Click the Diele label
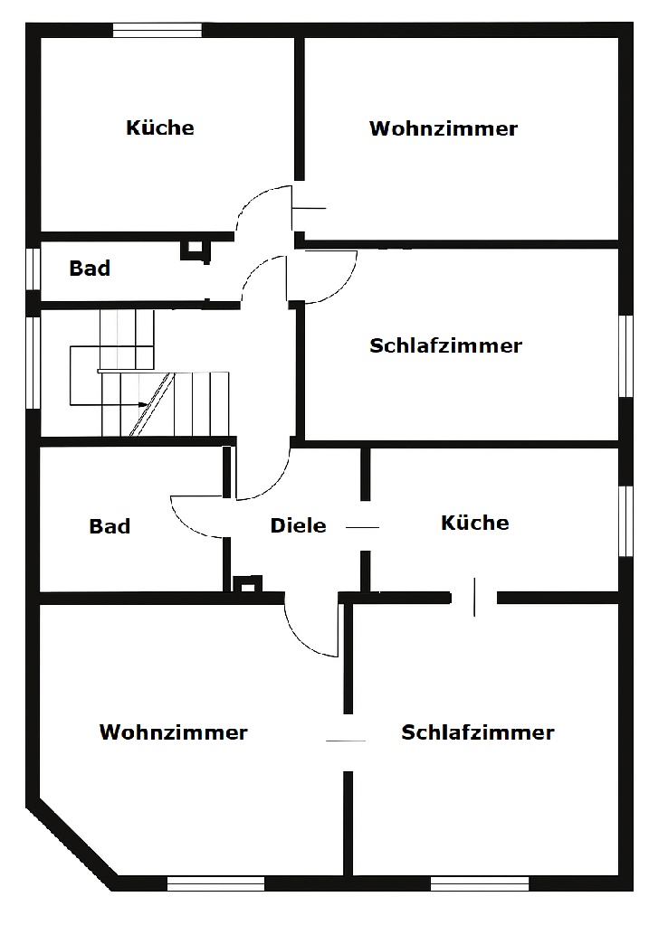298,525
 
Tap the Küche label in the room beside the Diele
474,523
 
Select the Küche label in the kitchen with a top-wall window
159,127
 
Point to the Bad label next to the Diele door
110,526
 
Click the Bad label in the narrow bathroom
90,269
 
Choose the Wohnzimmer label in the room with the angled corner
173,732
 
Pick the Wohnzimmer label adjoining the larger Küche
443,128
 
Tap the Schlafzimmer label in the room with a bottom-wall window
477,732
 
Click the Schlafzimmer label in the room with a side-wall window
445,345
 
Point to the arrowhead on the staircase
144,403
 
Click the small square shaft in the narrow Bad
195,249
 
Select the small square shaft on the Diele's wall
245,583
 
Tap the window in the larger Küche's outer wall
157,30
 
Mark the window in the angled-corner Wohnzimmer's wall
215,883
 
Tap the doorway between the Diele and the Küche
364,526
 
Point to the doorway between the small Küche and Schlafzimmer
474,598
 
